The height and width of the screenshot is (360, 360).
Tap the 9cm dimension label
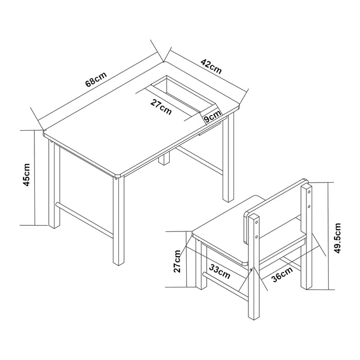211,118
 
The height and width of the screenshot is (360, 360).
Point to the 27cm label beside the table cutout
161,106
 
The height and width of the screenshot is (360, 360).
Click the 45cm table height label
26,175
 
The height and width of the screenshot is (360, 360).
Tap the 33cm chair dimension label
220,270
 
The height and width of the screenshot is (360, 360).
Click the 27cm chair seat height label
177,261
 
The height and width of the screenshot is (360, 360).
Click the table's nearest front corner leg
119,221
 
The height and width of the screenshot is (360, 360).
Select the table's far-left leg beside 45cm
54,185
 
